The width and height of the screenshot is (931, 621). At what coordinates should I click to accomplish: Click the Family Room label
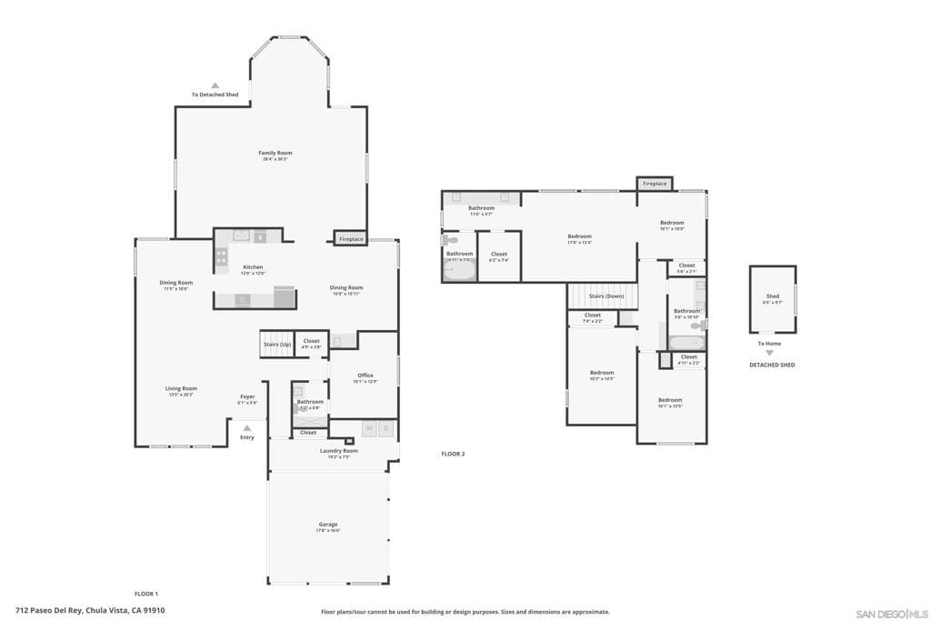click(275, 153)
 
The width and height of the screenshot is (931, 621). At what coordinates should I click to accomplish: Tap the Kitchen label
click(252, 267)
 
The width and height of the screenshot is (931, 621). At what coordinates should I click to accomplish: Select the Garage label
click(328, 525)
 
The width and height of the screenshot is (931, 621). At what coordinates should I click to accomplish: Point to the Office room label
click(365, 376)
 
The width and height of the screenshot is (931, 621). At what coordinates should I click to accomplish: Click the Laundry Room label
click(338, 451)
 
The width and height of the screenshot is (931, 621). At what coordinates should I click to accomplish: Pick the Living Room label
click(181, 388)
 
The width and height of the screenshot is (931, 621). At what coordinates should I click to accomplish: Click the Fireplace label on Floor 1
click(350, 239)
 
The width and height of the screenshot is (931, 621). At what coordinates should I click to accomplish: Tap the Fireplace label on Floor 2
click(655, 184)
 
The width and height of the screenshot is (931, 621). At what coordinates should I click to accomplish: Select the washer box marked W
click(369, 427)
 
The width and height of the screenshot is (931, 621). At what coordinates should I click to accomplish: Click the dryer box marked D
click(385, 427)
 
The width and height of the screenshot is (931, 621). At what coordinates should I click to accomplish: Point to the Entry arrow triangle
click(246, 427)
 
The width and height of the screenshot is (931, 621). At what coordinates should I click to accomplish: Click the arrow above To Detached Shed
click(215, 85)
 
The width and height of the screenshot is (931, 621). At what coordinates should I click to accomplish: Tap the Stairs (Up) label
click(277, 344)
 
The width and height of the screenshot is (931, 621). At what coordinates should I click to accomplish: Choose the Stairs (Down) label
click(606, 296)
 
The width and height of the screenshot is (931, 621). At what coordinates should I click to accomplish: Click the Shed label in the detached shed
click(772, 296)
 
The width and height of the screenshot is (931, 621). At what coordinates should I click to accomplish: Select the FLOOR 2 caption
click(453, 454)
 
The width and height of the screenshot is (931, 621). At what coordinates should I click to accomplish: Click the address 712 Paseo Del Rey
click(90, 611)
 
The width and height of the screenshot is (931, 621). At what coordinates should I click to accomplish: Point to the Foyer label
click(247, 396)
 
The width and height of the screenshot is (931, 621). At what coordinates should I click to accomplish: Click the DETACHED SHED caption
click(772, 365)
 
